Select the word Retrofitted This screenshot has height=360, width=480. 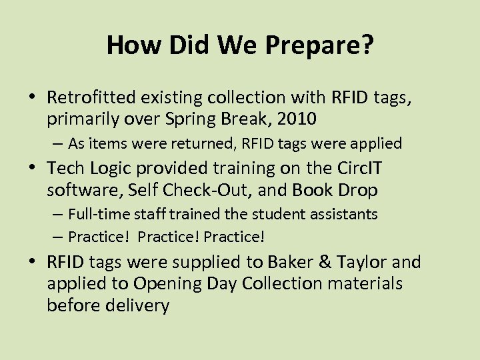[91, 97]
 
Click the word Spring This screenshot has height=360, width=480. [192, 120]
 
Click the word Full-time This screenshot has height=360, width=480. [98, 214]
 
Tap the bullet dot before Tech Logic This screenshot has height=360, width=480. [35, 168]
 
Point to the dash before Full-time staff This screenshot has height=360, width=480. [59, 215]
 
